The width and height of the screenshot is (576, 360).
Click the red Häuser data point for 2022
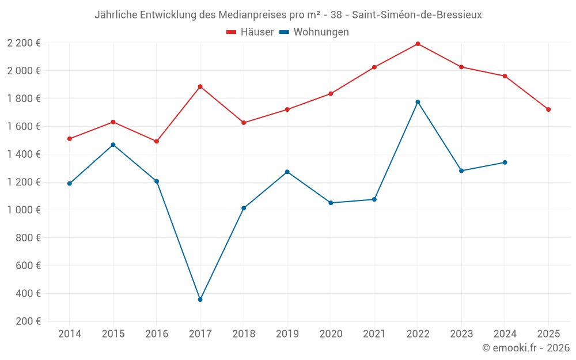(418, 44)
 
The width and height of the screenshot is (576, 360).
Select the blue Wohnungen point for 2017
(200, 300)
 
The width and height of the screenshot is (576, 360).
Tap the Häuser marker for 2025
(548, 109)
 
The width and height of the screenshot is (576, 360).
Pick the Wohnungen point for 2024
(505, 162)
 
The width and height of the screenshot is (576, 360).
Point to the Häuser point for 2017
(200, 86)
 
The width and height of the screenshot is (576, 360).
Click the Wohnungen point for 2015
(113, 145)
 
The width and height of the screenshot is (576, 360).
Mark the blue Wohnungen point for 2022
(418, 102)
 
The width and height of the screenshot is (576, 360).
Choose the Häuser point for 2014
(70, 139)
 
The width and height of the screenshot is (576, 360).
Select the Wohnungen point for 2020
(331, 203)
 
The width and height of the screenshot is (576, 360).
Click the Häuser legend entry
(250, 32)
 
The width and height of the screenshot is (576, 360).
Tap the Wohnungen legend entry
(314, 32)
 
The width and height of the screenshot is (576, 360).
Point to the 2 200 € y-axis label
(24, 43)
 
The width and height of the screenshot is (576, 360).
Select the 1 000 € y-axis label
(24, 210)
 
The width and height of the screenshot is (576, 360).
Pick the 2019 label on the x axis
(287, 334)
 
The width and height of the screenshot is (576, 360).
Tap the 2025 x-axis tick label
(548, 334)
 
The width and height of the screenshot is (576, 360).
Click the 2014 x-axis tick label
(70, 334)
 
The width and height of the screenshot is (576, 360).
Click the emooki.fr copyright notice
(525, 348)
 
